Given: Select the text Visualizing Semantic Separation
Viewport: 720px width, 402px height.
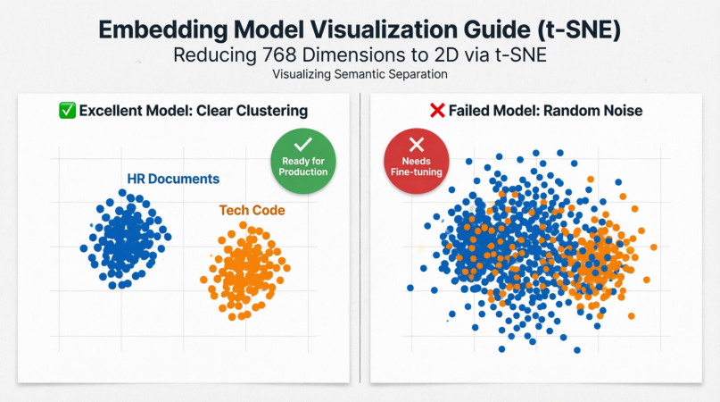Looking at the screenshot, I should (360, 74).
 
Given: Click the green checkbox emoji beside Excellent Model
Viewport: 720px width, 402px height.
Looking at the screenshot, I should (66, 111).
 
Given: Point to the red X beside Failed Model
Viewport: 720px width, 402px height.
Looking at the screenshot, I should (437, 111).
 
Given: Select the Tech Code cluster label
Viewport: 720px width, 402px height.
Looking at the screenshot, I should (252, 211).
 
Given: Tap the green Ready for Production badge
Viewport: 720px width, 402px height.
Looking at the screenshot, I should (302, 161).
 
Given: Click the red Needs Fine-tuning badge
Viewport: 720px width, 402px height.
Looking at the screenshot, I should (416, 162).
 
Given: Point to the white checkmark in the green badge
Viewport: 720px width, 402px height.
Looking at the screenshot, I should (302, 144).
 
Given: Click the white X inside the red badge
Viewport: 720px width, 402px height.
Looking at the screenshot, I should (416, 145).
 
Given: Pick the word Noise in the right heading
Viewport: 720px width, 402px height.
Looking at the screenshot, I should (620, 111).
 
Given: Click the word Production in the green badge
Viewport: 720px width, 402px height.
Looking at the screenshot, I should (302, 172).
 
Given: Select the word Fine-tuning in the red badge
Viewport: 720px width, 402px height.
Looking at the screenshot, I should (416, 172).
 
